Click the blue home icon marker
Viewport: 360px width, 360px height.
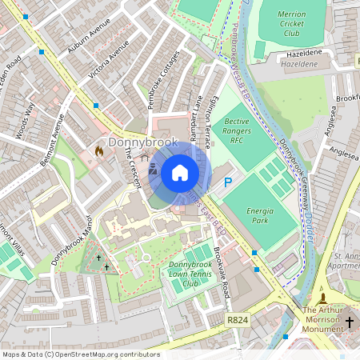180,173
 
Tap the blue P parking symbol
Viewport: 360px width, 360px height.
228,183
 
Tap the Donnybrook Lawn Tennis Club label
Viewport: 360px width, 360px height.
190,274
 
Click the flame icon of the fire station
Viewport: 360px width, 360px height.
99,150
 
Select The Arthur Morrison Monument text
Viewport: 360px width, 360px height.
327,315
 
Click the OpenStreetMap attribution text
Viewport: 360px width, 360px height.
80,354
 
